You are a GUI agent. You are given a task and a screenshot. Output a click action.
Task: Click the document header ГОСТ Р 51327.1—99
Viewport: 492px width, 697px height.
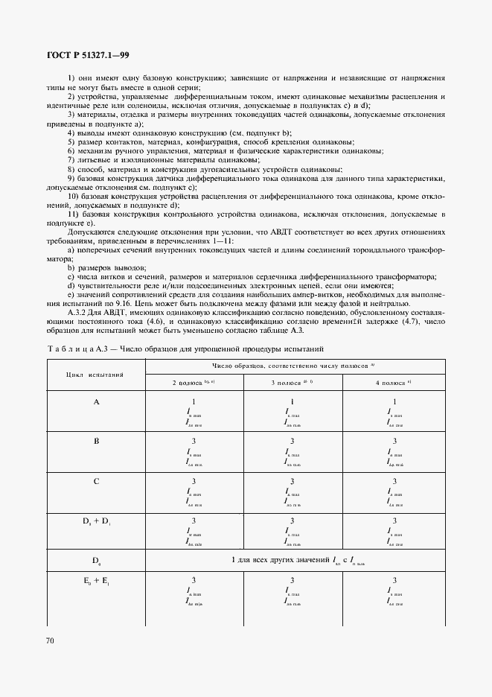point(88,55)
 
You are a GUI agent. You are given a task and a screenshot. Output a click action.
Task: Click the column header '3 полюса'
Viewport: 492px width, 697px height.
point(291,382)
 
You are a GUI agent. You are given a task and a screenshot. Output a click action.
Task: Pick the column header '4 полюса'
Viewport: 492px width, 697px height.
point(394,382)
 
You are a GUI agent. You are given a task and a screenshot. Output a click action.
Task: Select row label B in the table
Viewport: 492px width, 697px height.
point(95,442)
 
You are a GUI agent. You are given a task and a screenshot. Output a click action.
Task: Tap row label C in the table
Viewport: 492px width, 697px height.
point(95,481)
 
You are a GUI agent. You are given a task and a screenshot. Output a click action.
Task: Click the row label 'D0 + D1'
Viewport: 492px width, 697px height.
point(95,521)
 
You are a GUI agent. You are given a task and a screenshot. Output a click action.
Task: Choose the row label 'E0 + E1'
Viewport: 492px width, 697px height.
point(95,579)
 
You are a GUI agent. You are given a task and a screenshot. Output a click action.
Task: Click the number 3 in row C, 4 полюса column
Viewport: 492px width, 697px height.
point(394,481)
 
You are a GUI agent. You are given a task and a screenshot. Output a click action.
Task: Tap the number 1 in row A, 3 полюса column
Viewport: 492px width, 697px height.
point(292,401)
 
